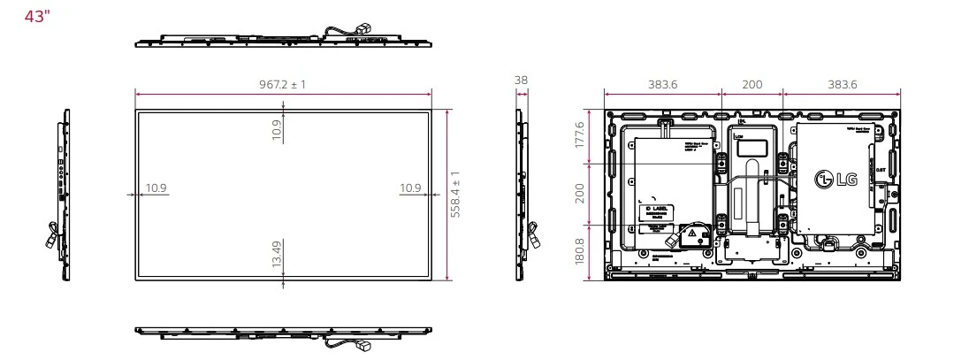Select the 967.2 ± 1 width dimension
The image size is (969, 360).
[x=283, y=83]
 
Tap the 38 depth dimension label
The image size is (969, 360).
[x=521, y=80]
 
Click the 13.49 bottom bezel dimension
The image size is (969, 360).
[x=276, y=254]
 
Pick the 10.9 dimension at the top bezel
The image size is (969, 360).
[x=276, y=131]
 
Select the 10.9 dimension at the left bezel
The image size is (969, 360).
[x=156, y=188]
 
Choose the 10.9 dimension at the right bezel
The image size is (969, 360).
[x=409, y=188]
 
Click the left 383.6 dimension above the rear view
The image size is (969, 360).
[x=662, y=83]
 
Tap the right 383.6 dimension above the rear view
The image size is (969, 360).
[x=841, y=83]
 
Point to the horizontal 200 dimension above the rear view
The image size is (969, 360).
[x=752, y=83]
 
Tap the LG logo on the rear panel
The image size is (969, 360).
[x=835, y=180]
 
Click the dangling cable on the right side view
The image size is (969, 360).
[x=532, y=235]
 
